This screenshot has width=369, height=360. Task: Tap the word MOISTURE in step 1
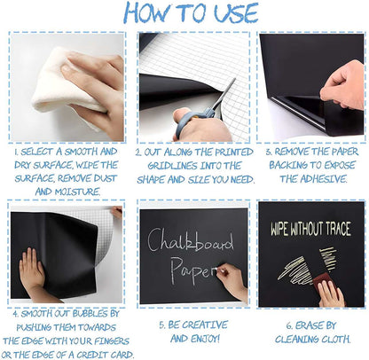pos(75,191)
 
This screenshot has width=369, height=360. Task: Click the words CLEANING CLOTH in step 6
pos(310,338)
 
